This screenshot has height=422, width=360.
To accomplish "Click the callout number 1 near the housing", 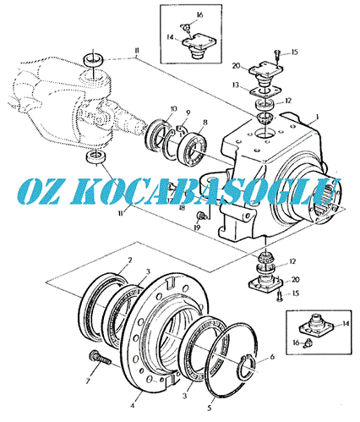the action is click(x=317, y=117).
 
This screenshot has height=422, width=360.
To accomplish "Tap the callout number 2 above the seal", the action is click(x=130, y=260).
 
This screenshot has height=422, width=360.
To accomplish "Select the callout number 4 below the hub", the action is click(x=132, y=406).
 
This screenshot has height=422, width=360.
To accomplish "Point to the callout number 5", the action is click(x=210, y=408).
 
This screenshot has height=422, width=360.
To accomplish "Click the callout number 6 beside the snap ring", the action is click(x=272, y=357).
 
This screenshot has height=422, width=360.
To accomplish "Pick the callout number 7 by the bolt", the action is click(x=88, y=381).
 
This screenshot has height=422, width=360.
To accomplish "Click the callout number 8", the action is click(x=205, y=123).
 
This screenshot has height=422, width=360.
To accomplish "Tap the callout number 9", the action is click(x=188, y=113).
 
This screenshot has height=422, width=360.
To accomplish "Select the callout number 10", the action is click(x=173, y=109).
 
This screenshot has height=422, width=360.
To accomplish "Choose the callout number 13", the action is click(x=236, y=85).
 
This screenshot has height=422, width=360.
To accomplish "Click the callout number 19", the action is click(x=197, y=227).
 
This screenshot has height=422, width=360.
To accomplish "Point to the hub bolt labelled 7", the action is click(x=100, y=359).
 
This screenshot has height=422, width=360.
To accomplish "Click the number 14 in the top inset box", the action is click(x=170, y=37).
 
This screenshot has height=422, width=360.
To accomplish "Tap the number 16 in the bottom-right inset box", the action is click(x=296, y=343).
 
